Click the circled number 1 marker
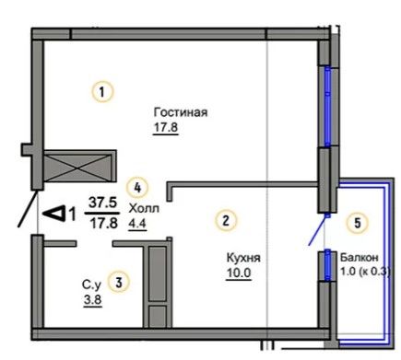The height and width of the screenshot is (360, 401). [102, 91]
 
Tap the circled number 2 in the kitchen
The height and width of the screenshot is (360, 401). [226, 220]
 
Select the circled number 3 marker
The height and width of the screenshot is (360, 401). [119, 282]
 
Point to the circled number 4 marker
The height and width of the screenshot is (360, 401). [137, 187]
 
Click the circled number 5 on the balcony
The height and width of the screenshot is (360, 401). [358, 223]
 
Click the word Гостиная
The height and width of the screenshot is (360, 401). [181, 112]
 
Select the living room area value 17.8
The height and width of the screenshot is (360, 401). [166, 127]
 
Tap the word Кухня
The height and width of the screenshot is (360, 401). [243, 258]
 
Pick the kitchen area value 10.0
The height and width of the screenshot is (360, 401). [239, 273]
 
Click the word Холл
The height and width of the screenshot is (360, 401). [144, 208]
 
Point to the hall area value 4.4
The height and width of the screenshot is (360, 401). [137, 224]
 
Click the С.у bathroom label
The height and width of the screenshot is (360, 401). [91, 285]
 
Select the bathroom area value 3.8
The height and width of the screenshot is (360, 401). [93, 299]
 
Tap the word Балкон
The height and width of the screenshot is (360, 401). [360, 258]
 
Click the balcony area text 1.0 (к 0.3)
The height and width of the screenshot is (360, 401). [365, 272]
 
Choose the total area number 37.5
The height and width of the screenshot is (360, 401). [102, 203]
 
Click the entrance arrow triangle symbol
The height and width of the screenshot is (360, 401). [54, 214]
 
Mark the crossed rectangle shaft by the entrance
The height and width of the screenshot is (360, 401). [79, 166]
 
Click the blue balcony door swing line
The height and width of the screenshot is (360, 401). [316, 230]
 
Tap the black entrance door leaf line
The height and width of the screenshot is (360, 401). [29, 209]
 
